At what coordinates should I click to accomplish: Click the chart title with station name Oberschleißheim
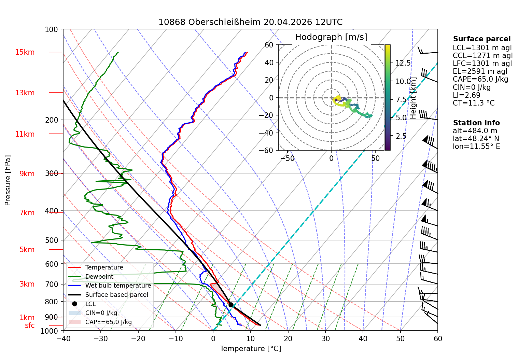[250, 22]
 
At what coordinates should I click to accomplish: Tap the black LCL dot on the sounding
[231, 305]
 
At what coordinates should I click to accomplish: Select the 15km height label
[25, 52]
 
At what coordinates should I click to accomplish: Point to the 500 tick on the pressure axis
[52, 240]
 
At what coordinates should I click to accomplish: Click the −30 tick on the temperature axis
[101, 339]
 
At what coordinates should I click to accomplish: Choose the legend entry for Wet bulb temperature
[118, 286]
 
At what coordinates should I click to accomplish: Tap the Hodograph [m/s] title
[331, 37]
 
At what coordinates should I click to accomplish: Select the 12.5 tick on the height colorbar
[403, 63]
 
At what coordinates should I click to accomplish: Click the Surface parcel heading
[482, 39]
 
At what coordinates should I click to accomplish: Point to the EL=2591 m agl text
[480, 71]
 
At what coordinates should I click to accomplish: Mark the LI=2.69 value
[467, 95]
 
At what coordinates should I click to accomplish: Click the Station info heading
[476, 123]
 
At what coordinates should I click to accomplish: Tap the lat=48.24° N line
[476, 139]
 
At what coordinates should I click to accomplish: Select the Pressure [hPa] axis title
[8, 180]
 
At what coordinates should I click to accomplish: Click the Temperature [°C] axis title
[250, 349]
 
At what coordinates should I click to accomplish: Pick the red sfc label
[30, 326]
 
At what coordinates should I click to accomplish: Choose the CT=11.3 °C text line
[474, 103]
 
